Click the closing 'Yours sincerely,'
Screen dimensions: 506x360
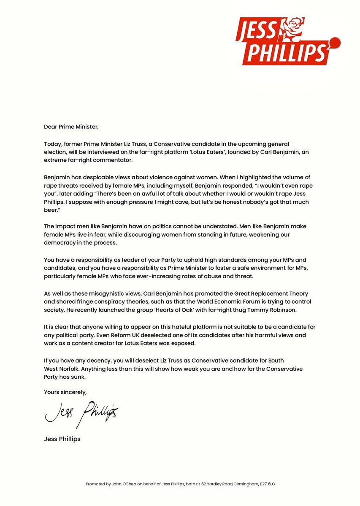tap(65, 392)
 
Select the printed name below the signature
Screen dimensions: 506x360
tap(62, 439)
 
